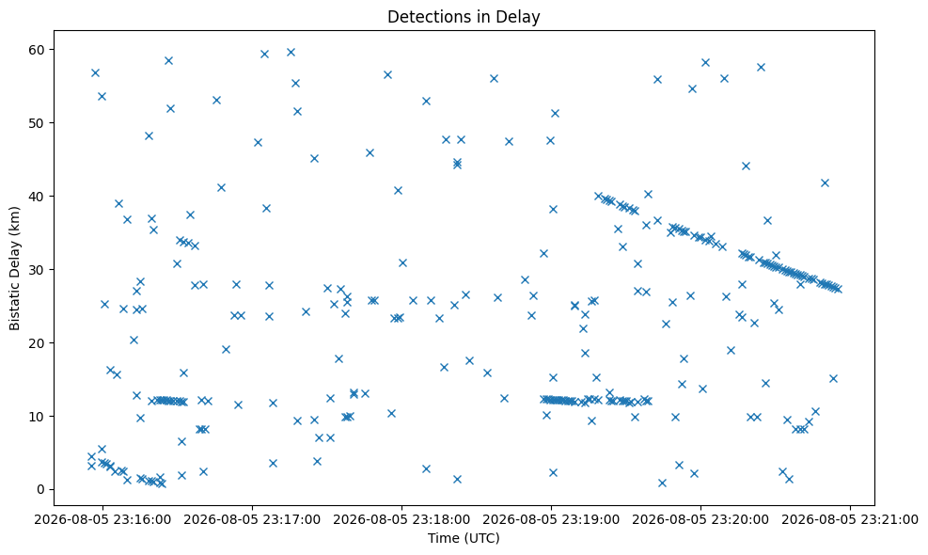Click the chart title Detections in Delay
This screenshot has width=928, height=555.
(x=464, y=17)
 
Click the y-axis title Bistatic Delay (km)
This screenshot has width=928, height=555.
(x=15, y=268)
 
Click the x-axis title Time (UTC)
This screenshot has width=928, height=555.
(x=464, y=538)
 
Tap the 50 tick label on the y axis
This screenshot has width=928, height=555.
(x=38, y=122)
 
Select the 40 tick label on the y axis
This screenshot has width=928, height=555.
(x=38, y=196)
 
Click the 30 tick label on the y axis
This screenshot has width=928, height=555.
(x=38, y=269)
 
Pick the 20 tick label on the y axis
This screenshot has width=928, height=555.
(x=38, y=343)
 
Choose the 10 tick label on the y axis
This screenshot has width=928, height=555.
(x=38, y=417)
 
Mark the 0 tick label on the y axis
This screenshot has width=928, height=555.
(x=41, y=490)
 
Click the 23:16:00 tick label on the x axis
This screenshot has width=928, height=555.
(x=102, y=520)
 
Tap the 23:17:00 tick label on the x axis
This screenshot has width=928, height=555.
(x=252, y=520)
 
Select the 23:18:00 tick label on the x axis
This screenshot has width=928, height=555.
(x=401, y=520)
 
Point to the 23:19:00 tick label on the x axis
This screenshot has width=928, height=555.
(x=552, y=520)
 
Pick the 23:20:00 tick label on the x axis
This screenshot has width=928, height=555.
(x=700, y=520)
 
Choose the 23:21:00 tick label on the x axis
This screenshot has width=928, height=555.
(x=851, y=520)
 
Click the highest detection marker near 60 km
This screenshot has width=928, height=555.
(x=291, y=52)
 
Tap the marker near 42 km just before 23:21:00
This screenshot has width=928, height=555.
(x=825, y=183)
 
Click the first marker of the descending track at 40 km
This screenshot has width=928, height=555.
(x=598, y=196)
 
